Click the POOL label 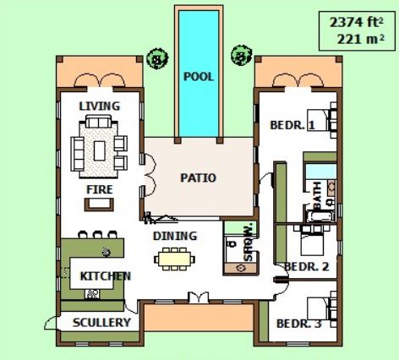199,77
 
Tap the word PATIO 199,177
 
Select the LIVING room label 100,106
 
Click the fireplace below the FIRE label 99,205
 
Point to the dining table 174,259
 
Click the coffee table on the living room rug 100,150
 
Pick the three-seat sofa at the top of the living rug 99,122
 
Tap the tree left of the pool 157,58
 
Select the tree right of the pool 242,56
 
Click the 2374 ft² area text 357,22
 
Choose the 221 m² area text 360,39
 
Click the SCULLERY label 101,323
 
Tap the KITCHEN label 106,276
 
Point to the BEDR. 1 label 292,125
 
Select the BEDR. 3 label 299,324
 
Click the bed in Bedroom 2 312,240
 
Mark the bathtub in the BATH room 320,216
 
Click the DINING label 175,236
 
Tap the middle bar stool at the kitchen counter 97,234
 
